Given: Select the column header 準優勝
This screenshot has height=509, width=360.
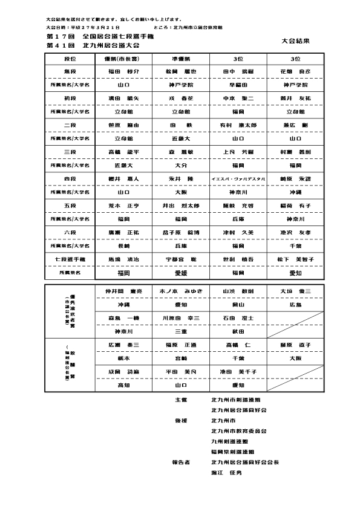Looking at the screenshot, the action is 182,59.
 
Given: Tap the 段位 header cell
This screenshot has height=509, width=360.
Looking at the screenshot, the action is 70,59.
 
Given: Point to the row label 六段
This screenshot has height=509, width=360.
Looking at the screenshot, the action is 70,232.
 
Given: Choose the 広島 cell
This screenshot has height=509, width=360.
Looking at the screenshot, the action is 295,305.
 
